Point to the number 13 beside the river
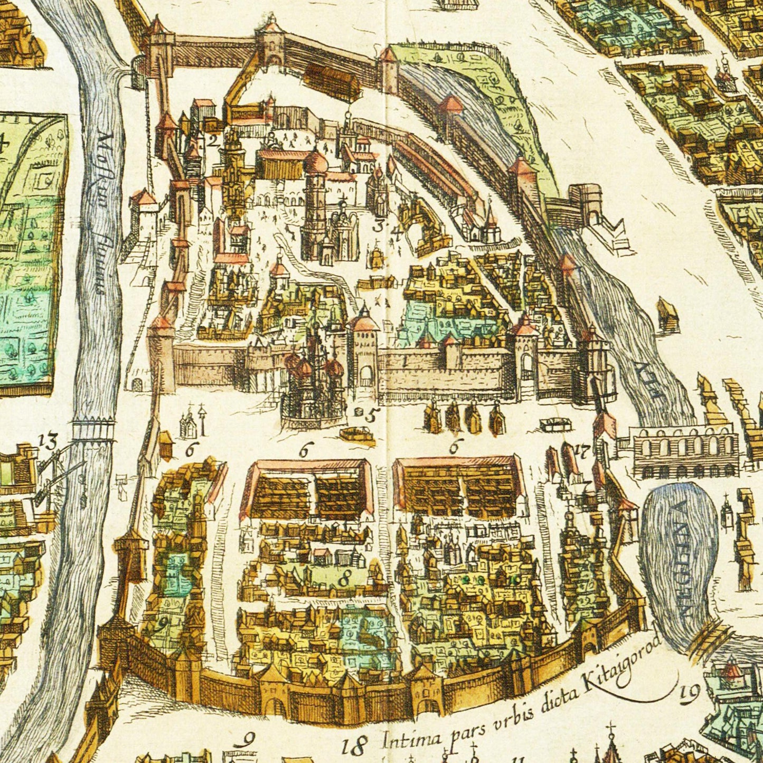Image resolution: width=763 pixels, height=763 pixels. pyautogui.click(x=49, y=441)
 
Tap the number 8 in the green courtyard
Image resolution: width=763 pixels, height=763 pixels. pyautogui.click(x=344, y=579)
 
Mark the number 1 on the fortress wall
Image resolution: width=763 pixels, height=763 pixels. pyautogui.click(x=404, y=363)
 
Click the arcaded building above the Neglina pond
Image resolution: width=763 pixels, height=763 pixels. pyautogui.click(x=685, y=451)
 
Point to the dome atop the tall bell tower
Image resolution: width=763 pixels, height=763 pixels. pyautogui.click(x=316, y=163)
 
